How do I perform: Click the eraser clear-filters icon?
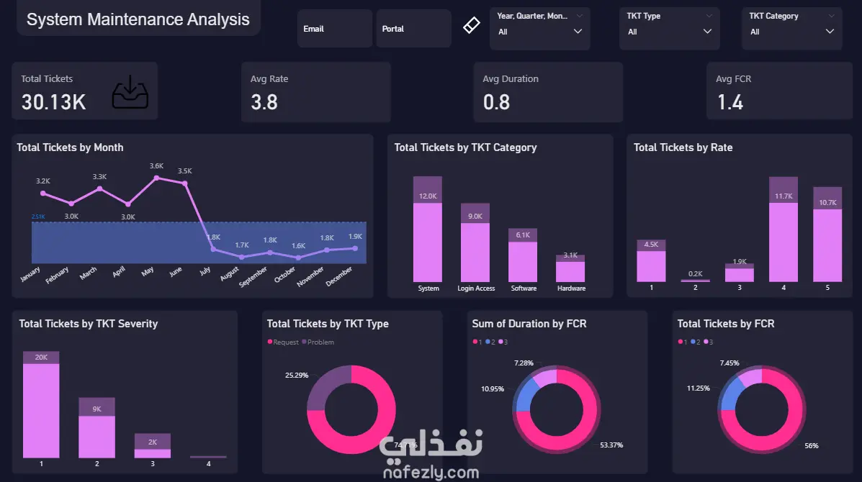[470, 26]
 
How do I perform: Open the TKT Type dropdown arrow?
[708, 32]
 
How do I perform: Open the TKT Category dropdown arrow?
[830, 32]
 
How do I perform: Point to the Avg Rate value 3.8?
[264, 102]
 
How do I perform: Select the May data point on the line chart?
[156, 178]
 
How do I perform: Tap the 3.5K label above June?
[184, 171]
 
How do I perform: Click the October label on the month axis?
[285, 275]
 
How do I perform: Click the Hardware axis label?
[571, 288]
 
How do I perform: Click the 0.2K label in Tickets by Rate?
[696, 273]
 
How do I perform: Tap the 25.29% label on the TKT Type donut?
[297, 375]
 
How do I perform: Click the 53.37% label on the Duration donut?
[611, 445]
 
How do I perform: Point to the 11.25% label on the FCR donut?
[698, 388]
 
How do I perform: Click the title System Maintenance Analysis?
[138, 20]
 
